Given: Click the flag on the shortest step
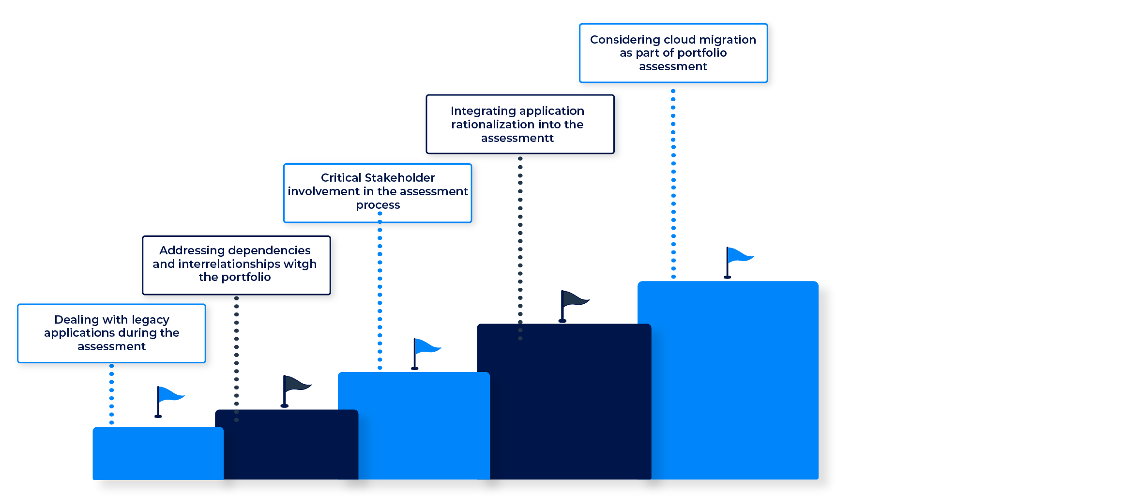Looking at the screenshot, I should coord(169,395).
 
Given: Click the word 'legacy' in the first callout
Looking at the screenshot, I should coord(151,320).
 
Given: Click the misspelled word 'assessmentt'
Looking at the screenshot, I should coord(517,138).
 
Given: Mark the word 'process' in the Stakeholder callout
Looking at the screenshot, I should coord(378,205).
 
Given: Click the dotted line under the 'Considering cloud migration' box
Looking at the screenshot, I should coord(673,184).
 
